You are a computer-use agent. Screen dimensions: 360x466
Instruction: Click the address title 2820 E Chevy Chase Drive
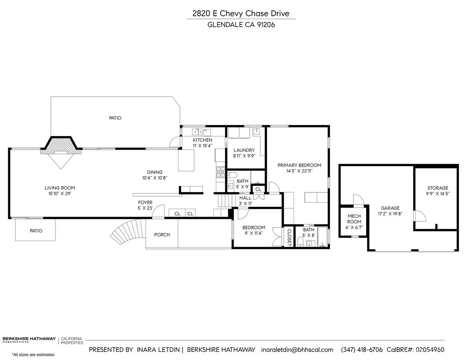[x=241, y=14]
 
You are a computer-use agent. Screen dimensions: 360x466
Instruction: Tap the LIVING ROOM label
[x=60, y=188]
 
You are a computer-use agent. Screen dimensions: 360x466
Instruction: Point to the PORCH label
[x=162, y=235]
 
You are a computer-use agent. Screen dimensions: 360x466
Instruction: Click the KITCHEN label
[x=202, y=140]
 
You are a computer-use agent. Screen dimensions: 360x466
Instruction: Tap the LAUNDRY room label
[x=244, y=150]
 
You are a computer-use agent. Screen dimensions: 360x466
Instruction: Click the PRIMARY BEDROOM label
[x=299, y=165]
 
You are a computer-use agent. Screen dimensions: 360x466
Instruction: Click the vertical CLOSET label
[x=290, y=237]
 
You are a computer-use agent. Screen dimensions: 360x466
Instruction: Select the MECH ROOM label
[x=354, y=219]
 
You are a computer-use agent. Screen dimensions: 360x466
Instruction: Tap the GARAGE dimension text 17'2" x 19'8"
[x=390, y=214]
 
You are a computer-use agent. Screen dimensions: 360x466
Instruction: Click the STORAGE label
[x=437, y=188]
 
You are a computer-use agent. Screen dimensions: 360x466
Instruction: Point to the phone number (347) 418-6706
[x=362, y=349]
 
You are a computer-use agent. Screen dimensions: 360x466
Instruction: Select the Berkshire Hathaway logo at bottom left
[x=29, y=340]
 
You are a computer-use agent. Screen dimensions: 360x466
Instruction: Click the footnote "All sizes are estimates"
[x=33, y=354]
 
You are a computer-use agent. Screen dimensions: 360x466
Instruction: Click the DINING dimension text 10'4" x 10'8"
[x=155, y=178]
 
